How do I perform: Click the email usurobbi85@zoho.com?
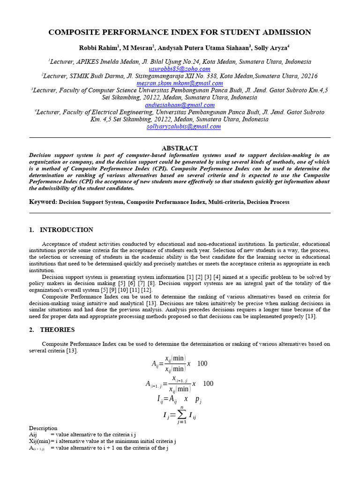[180, 69]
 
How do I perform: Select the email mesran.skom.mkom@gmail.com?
[180, 83]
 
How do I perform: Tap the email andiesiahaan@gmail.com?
[180, 105]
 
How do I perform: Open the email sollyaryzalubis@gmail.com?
[180, 127]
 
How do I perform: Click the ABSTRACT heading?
[180, 148]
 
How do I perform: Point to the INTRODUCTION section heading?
[66, 230]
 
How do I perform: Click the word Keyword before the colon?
[42, 202]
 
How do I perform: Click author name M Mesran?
[137, 47]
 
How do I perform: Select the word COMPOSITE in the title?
[75, 32]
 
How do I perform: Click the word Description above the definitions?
[43, 428]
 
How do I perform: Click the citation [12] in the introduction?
[147, 290]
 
